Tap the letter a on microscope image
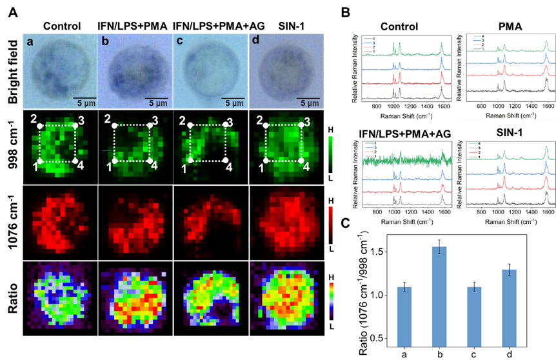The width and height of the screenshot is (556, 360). (x=30, y=43)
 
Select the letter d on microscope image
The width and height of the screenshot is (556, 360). (x=255, y=43)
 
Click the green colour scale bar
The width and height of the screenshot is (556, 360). (x=331, y=153)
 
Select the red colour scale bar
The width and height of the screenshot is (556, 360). (x=331, y=225)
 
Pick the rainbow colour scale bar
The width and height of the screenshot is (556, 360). (x=331, y=300)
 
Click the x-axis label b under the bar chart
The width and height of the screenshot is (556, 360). (x=439, y=354)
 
